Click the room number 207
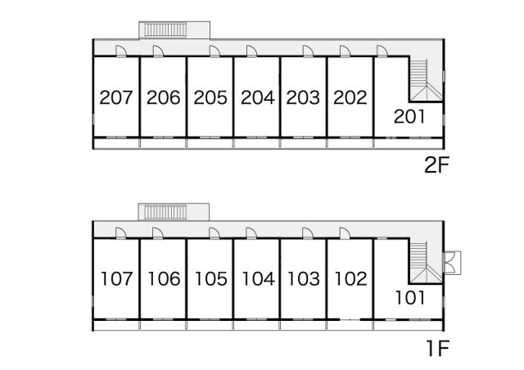tap(116, 97)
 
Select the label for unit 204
tap(258, 97)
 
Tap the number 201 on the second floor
tap(409, 117)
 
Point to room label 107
tap(116, 279)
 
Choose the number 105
tap(211, 279)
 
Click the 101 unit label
tap(410, 297)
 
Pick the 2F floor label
tap(436, 165)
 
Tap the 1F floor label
tap(437, 348)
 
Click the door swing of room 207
tap(121, 51)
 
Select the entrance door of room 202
tap(345, 51)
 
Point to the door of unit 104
tap(251, 233)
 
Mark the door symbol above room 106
tap(157, 233)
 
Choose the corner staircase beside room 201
tap(426, 80)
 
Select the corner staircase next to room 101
tap(426, 263)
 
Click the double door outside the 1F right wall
tap(451, 263)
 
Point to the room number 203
tap(303, 97)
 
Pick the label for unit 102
tap(351, 279)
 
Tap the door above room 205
tap(215, 51)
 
